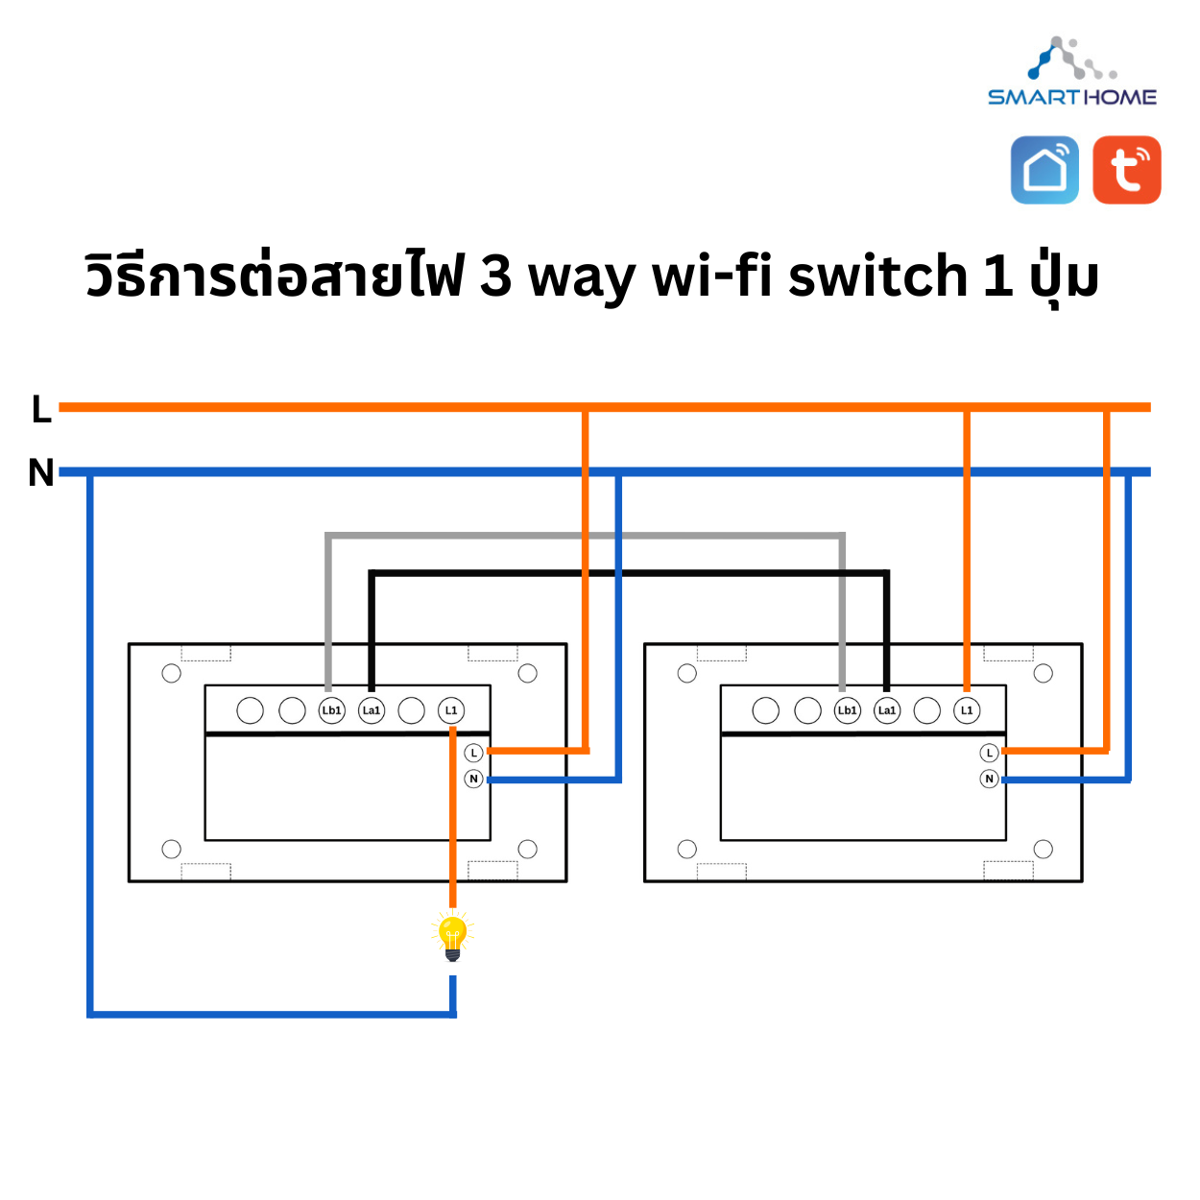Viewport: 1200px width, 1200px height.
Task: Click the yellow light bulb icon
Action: (x=452, y=937)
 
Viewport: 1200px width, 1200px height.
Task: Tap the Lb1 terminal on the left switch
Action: (x=331, y=710)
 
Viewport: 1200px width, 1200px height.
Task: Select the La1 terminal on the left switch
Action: (x=372, y=710)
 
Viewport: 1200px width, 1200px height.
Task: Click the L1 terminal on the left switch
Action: (x=451, y=710)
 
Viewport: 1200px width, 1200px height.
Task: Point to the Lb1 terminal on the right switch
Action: (x=847, y=710)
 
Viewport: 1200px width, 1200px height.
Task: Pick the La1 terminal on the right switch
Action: (x=887, y=710)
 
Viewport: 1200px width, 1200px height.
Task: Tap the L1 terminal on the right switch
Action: (x=967, y=710)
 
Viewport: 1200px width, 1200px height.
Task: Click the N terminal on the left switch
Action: (x=473, y=779)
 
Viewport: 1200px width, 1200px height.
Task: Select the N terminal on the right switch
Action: (x=990, y=779)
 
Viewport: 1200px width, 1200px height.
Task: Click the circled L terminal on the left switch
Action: (x=473, y=753)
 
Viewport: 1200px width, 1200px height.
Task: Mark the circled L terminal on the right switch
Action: (x=990, y=753)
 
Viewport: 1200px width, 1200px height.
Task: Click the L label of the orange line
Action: (x=40, y=409)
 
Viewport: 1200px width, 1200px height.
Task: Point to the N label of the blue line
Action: (x=40, y=472)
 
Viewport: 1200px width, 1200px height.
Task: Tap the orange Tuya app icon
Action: (x=1127, y=170)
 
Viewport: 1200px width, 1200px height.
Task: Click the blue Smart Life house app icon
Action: (x=1044, y=170)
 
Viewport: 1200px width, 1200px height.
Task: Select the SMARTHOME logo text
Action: (x=1072, y=97)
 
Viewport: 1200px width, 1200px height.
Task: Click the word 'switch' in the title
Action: (x=877, y=276)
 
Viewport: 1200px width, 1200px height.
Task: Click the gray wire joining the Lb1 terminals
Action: (x=586, y=535)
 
